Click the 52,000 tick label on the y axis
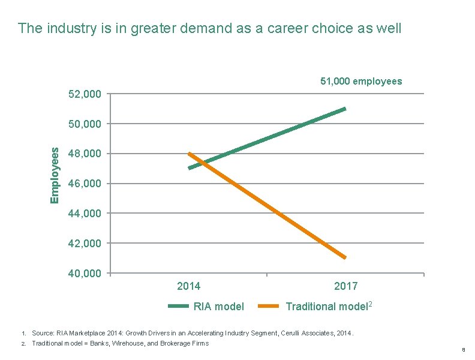pyautogui.click(x=84, y=94)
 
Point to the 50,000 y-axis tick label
pyautogui.click(x=84, y=124)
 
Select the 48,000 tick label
pyautogui.click(x=84, y=154)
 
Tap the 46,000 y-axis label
pyautogui.click(x=84, y=184)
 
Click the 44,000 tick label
pyautogui.click(x=84, y=214)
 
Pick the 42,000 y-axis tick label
pyautogui.click(x=84, y=244)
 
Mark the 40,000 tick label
pyautogui.click(x=84, y=274)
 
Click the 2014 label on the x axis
pyautogui.click(x=189, y=286)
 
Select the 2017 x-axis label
pyautogui.click(x=346, y=286)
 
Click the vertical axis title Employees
pyautogui.click(x=55, y=175)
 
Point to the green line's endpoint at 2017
pyautogui.click(x=345, y=109)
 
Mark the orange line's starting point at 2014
pyautogui.click(x=190, y=154)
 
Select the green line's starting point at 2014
pyautogui.click(x=190, y=168)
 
